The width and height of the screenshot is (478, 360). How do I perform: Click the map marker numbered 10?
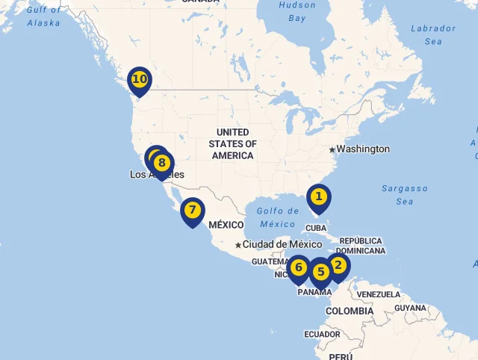click(x=139, y=78)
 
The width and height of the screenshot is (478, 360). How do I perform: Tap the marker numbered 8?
click(x=163, y=163)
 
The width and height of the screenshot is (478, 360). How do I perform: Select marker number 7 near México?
click(x=192, y=210)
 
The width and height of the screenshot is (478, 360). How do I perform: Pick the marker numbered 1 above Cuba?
click(x=318, y=197)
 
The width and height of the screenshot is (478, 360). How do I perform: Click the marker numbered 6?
click(x=299, y=267)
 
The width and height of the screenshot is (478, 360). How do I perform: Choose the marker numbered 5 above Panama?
click(x=320, y=272)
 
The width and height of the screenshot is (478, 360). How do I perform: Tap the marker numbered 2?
click(x=338, y=265)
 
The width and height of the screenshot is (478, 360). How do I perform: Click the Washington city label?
click(x=362, y=149)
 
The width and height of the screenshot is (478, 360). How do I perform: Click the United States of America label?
click(x=232, y=143)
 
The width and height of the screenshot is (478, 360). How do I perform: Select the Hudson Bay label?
click(x=297, y=10)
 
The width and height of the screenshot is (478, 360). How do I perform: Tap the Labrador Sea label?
click(x=432, y=34)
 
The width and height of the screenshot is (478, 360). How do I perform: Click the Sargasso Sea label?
click(x=405, y=195)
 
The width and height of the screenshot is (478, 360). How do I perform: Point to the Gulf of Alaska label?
click(x=44, y=16)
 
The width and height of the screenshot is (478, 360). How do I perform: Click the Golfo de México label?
click(x=278, y=217)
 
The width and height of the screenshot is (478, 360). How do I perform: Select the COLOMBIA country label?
click(x=349, y=311)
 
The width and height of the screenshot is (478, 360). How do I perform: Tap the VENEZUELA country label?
click(x=378, y=294)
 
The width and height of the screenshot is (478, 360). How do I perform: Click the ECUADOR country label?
click(x=322, y=334)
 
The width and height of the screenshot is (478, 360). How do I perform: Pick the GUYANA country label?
click(x=410, y=308)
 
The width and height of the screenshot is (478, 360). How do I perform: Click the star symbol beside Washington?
click(x=332, y=149)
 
